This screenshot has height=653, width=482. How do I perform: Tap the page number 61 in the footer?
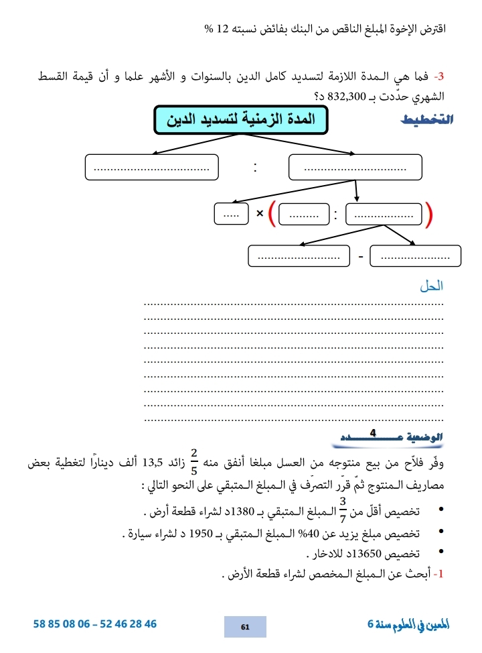[x=245, y=627]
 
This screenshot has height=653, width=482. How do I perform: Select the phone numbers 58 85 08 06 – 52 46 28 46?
[x=95, y=624]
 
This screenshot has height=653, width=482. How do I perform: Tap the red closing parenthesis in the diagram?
[x=429, y=213]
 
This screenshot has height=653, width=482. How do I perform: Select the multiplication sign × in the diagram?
[x=259, y=214]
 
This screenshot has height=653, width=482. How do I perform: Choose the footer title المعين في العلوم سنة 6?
[x=408, y=625]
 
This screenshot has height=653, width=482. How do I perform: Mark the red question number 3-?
[x=439, y=78]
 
